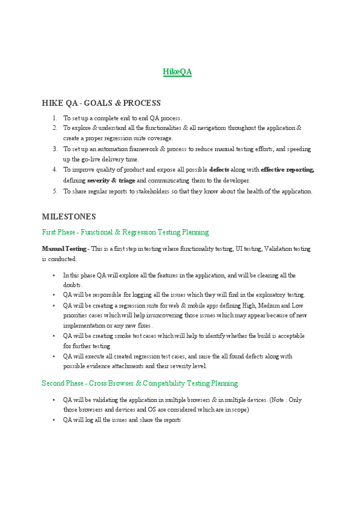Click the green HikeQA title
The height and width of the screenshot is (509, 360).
tap(177, 72)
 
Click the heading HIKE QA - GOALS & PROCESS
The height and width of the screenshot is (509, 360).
tap(101, 103)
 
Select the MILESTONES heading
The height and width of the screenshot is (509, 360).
tap(69, 216)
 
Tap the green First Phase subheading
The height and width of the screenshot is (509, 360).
tap(125, 232)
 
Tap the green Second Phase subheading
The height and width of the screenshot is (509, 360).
tap(140, 383)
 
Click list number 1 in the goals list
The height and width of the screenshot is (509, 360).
tap(54, 118)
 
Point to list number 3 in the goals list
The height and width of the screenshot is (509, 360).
tap(54, 149)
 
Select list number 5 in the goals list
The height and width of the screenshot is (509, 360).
tap(54, 192)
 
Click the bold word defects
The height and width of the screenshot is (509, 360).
tap(219, 170)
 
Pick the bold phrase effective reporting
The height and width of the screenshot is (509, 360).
tap(287, 170)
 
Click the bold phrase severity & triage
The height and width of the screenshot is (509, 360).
tap(111, 180)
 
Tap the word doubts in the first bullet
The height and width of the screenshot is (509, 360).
tap(72, 285)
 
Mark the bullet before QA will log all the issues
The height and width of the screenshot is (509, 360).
tap(54, 420)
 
